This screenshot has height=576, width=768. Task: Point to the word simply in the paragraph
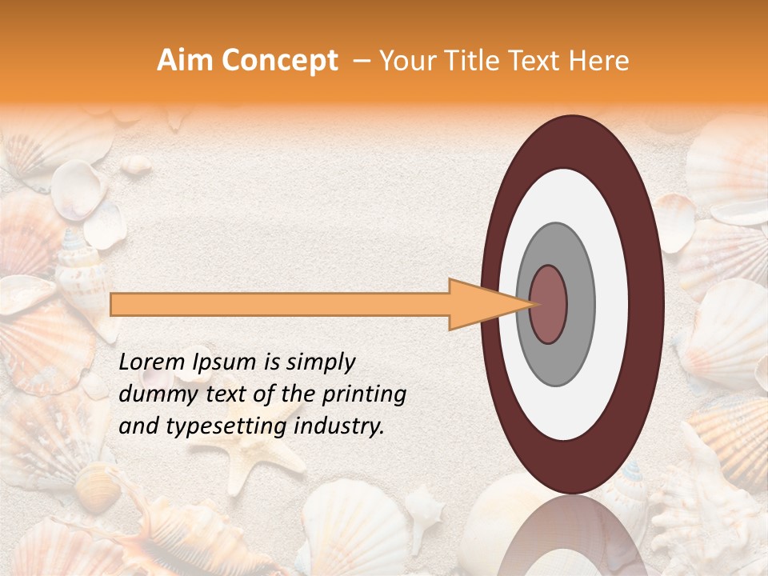319,362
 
